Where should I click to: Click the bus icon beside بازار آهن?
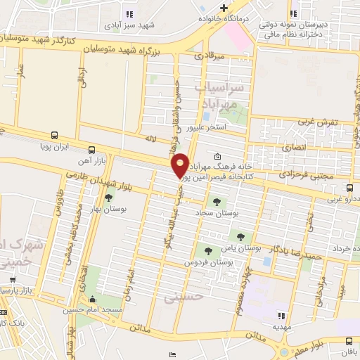coord(91,150)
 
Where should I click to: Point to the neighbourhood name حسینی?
coord(184,298)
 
